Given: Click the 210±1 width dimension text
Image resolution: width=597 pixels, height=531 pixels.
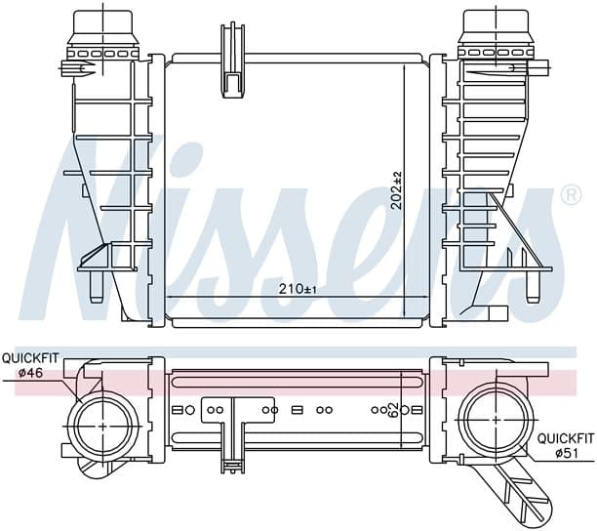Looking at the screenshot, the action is [298, 289].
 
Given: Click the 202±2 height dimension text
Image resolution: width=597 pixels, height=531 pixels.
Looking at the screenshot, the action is [397, 190].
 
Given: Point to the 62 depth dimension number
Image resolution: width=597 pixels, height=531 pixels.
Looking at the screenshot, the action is [394, 410].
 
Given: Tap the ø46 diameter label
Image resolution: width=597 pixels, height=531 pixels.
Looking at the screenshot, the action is [31, 373].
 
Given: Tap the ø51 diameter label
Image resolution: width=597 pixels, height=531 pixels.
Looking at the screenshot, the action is [567, 453].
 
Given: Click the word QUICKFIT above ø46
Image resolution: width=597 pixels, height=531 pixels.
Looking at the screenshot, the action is [30, 358].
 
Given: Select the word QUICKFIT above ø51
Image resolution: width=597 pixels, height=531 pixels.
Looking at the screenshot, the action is [566, 438].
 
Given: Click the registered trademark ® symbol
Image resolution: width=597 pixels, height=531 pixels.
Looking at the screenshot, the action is [572, 195].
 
